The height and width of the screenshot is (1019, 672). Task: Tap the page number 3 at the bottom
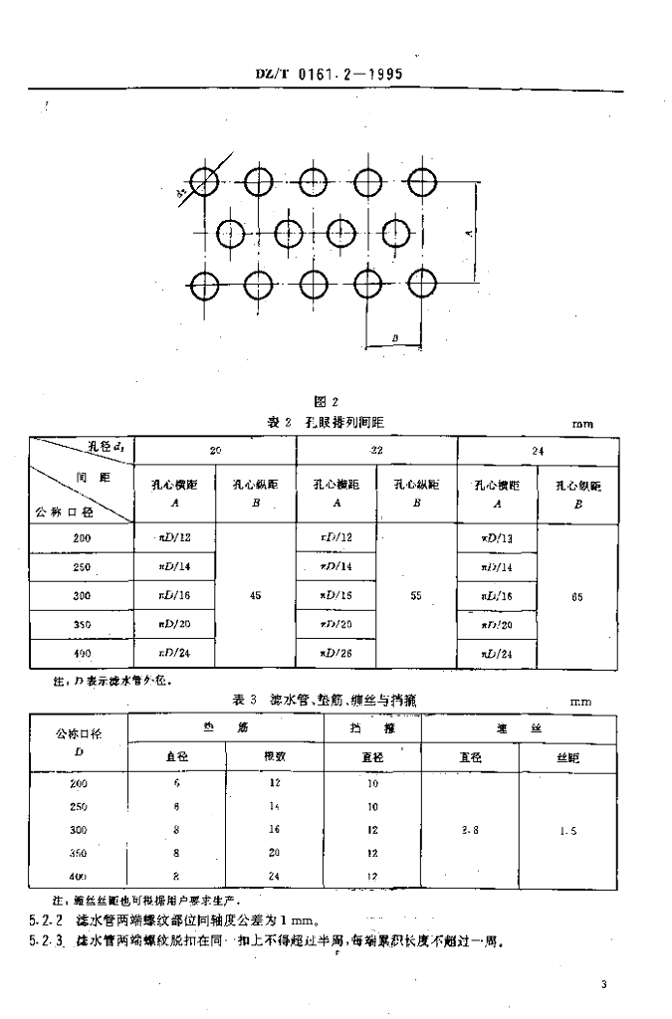pos(603,985)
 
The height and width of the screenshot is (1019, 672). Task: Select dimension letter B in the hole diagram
pos(395,340)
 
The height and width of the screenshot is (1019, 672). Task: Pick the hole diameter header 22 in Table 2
pos(375,450)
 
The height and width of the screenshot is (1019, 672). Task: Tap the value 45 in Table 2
pos(256,595)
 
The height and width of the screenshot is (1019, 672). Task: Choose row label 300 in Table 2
pos(82,595)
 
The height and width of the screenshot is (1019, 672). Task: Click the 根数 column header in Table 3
pos(275,756)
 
